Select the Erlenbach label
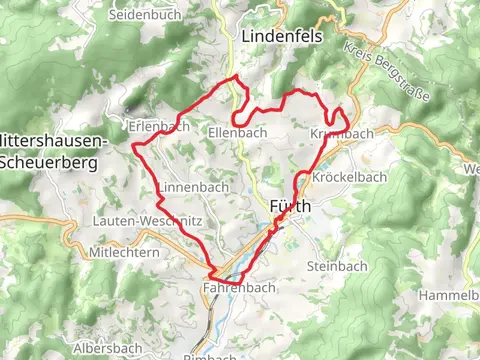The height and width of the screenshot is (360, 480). [x=159, y=126]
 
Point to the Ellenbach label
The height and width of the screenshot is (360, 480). [x=237, y=131]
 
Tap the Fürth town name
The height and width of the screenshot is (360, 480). [x=291, y=206]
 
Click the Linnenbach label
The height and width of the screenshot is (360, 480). [x=193, y=187]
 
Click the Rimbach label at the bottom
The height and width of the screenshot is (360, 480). [x=211, y=355]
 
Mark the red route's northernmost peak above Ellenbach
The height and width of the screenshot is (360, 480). [x=236, y=77]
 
